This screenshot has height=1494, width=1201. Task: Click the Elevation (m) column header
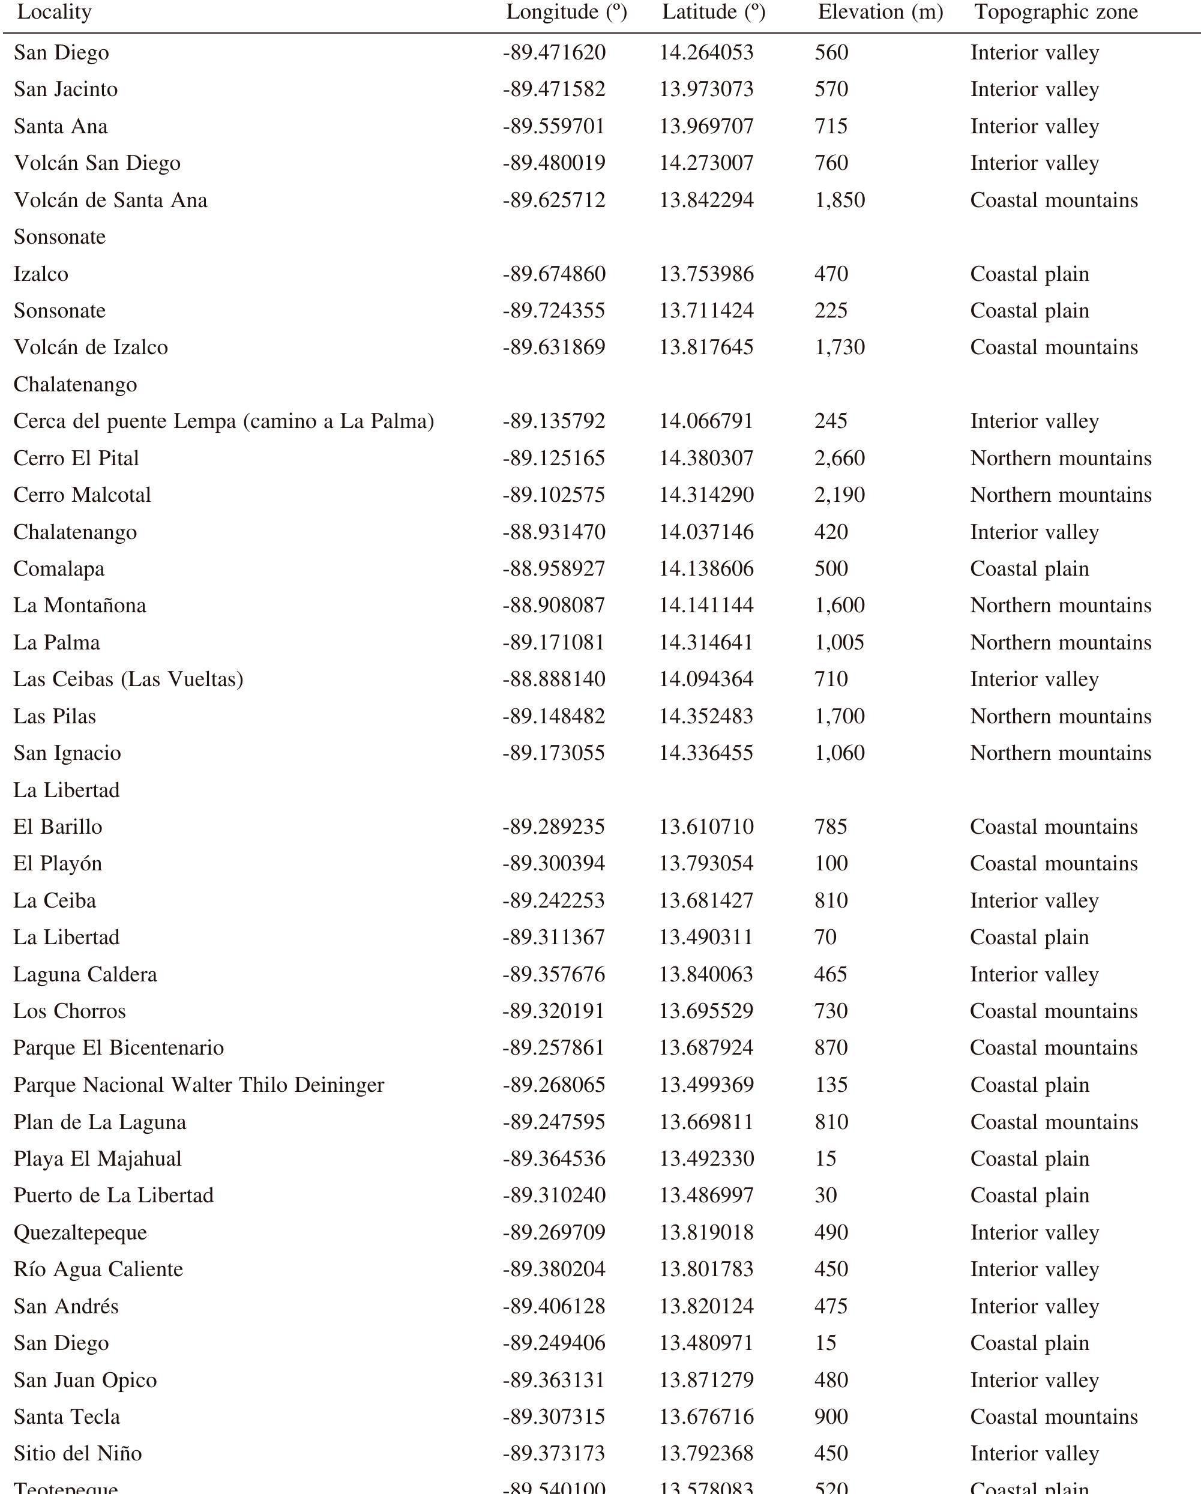[x=880, y=13]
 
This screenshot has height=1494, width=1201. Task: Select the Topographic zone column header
[x=1056, y=13]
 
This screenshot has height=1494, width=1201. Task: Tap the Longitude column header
[x=566, y=13]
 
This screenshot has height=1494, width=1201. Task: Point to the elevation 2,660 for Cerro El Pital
[x=839, y=458]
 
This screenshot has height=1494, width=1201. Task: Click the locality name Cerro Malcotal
[x=82, y=495]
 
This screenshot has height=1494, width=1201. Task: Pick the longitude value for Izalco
[x=554, y=274]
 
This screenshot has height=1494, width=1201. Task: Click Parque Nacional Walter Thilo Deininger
[x=198, y=1085]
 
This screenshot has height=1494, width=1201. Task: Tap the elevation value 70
[x=825, y=937]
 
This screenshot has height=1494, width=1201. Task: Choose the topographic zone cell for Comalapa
[x=1029, y=568]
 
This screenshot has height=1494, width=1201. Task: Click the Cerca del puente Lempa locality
[x=223, y=421]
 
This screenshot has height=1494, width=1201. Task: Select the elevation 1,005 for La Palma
[x=839, y=642]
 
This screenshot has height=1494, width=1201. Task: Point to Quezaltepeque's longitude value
[x=554, y=1232]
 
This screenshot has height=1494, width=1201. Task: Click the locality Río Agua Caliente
[x=98, y=1269]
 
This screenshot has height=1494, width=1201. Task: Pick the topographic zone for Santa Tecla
[x=1053, y=1417]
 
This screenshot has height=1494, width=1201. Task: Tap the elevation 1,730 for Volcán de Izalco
[x=839, y=347]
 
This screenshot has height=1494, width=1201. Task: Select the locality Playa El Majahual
[x=97, y=1158]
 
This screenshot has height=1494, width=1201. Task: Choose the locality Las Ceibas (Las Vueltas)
[x=128, y=679]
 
